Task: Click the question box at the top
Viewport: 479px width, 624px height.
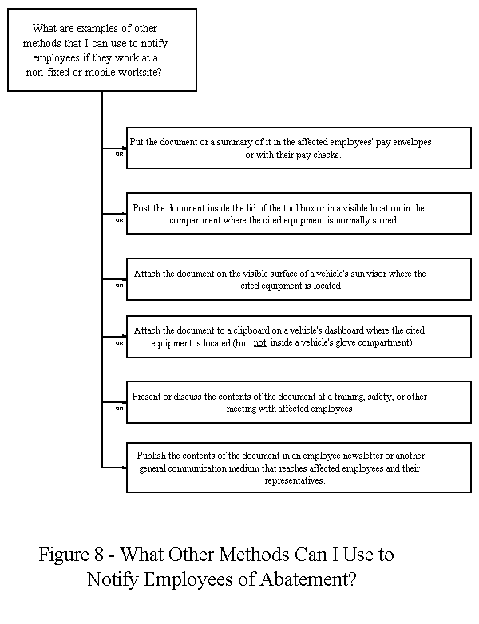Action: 101,49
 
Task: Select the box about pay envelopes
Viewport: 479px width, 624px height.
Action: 299,148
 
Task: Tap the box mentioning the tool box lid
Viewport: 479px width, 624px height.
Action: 299,214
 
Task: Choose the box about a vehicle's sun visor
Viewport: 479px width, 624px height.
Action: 299,279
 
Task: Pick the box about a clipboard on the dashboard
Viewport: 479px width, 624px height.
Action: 299,337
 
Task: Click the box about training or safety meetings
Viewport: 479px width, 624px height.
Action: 299,402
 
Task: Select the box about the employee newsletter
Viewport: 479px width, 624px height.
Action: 299,468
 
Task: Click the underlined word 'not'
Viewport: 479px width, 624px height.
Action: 260,343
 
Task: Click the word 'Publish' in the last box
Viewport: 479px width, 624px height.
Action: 152,454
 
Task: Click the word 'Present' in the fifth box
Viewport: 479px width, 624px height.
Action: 148,396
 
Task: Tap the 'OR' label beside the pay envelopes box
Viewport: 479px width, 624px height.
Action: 119,154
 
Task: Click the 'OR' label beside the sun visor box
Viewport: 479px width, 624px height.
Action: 119,285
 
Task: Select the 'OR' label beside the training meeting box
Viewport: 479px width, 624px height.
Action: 119,408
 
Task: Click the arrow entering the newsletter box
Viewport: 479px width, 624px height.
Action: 122,468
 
